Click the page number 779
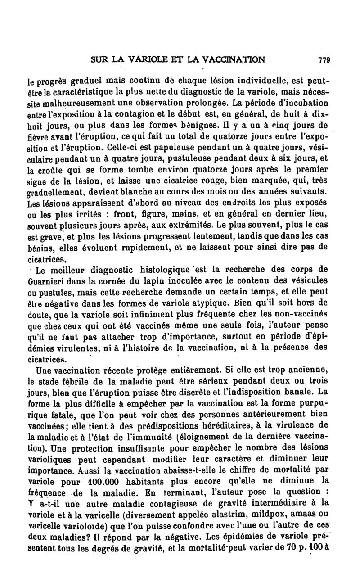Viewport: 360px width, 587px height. tap(324, 59)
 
